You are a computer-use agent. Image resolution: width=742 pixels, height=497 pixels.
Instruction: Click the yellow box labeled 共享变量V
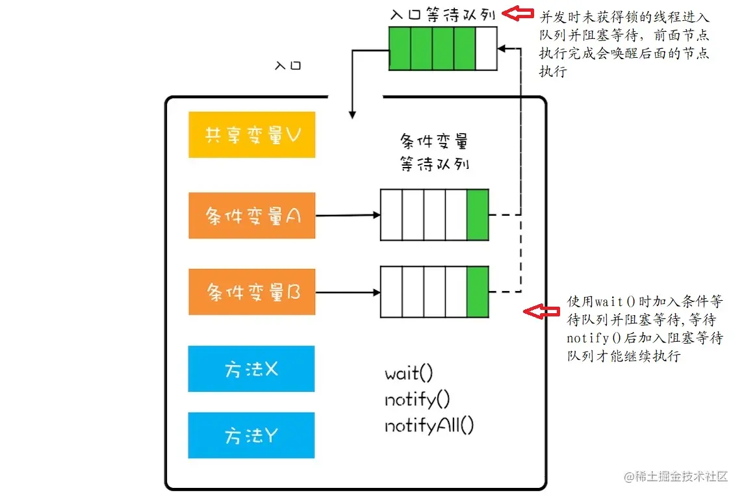pyautogui.click(x=251, y=134)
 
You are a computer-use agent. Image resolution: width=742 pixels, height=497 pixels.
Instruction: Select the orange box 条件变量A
pyautogui.click(x=251, y=216)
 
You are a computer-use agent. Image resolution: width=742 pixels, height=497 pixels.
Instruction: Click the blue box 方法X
pyautogui.click(x=251, y=369)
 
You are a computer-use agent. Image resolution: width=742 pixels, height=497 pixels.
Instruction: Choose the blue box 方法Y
pyautogui.click(x=251, y=435)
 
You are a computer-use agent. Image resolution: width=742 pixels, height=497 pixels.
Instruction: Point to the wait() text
pyautogui.click(x=409, y=374)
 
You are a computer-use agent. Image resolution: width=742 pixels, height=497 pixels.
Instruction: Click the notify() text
pyautogui.click(x=417, y=400)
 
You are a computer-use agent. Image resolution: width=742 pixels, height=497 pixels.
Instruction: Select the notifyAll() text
pyautogui.click(x=429, y=426)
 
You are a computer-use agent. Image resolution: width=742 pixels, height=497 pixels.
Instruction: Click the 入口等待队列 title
pyautogui.click(x=445, y=14)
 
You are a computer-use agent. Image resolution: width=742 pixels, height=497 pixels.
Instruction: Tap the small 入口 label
pyautogui.click(x=288, y=66)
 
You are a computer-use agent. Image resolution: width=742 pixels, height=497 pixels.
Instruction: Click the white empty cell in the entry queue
pyautogui.click(x=486, y=48)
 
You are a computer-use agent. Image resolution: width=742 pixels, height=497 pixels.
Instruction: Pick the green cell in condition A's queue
pyautogui.click(x=478, y=214)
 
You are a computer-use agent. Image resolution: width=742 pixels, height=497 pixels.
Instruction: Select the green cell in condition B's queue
pyautogui.click(x=478, y=292)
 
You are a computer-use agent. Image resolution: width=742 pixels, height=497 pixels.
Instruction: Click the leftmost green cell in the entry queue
pyautogui.click(x=400, y=48)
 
